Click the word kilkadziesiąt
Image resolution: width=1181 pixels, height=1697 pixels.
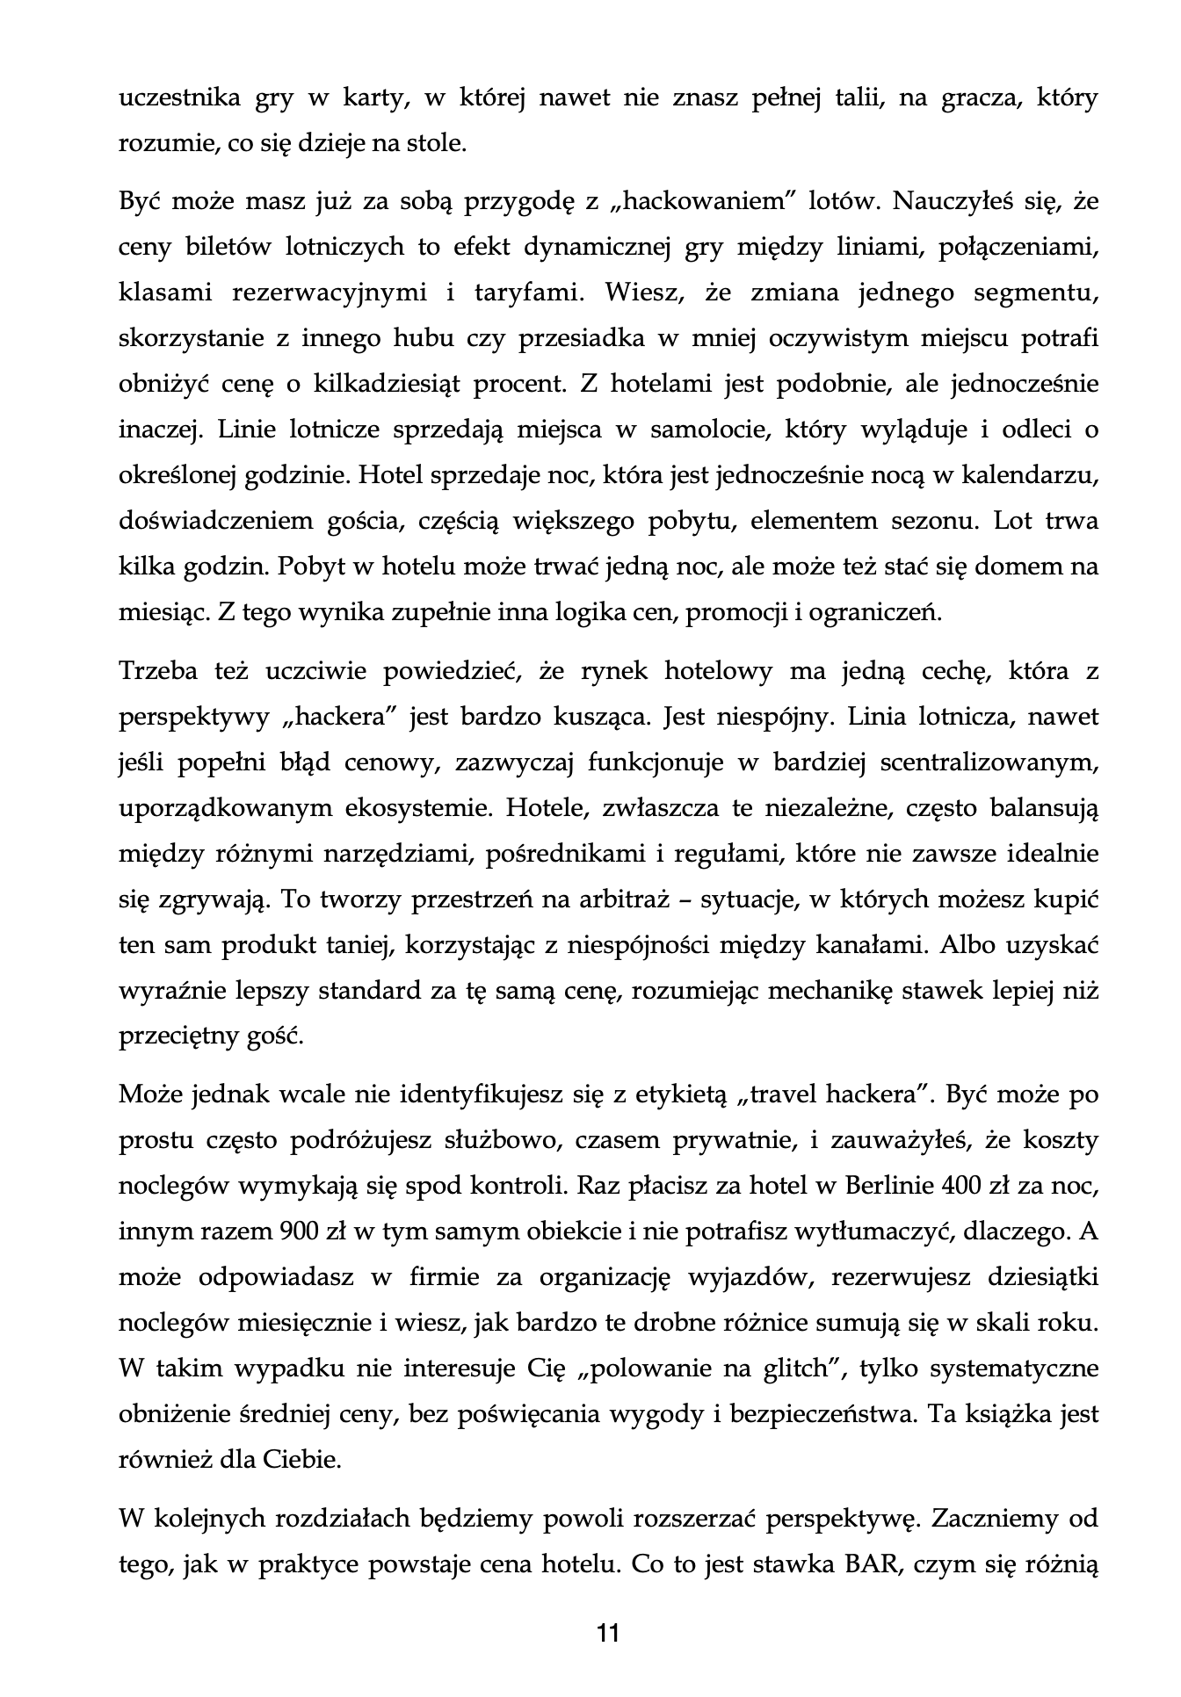[x=373, y=384]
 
